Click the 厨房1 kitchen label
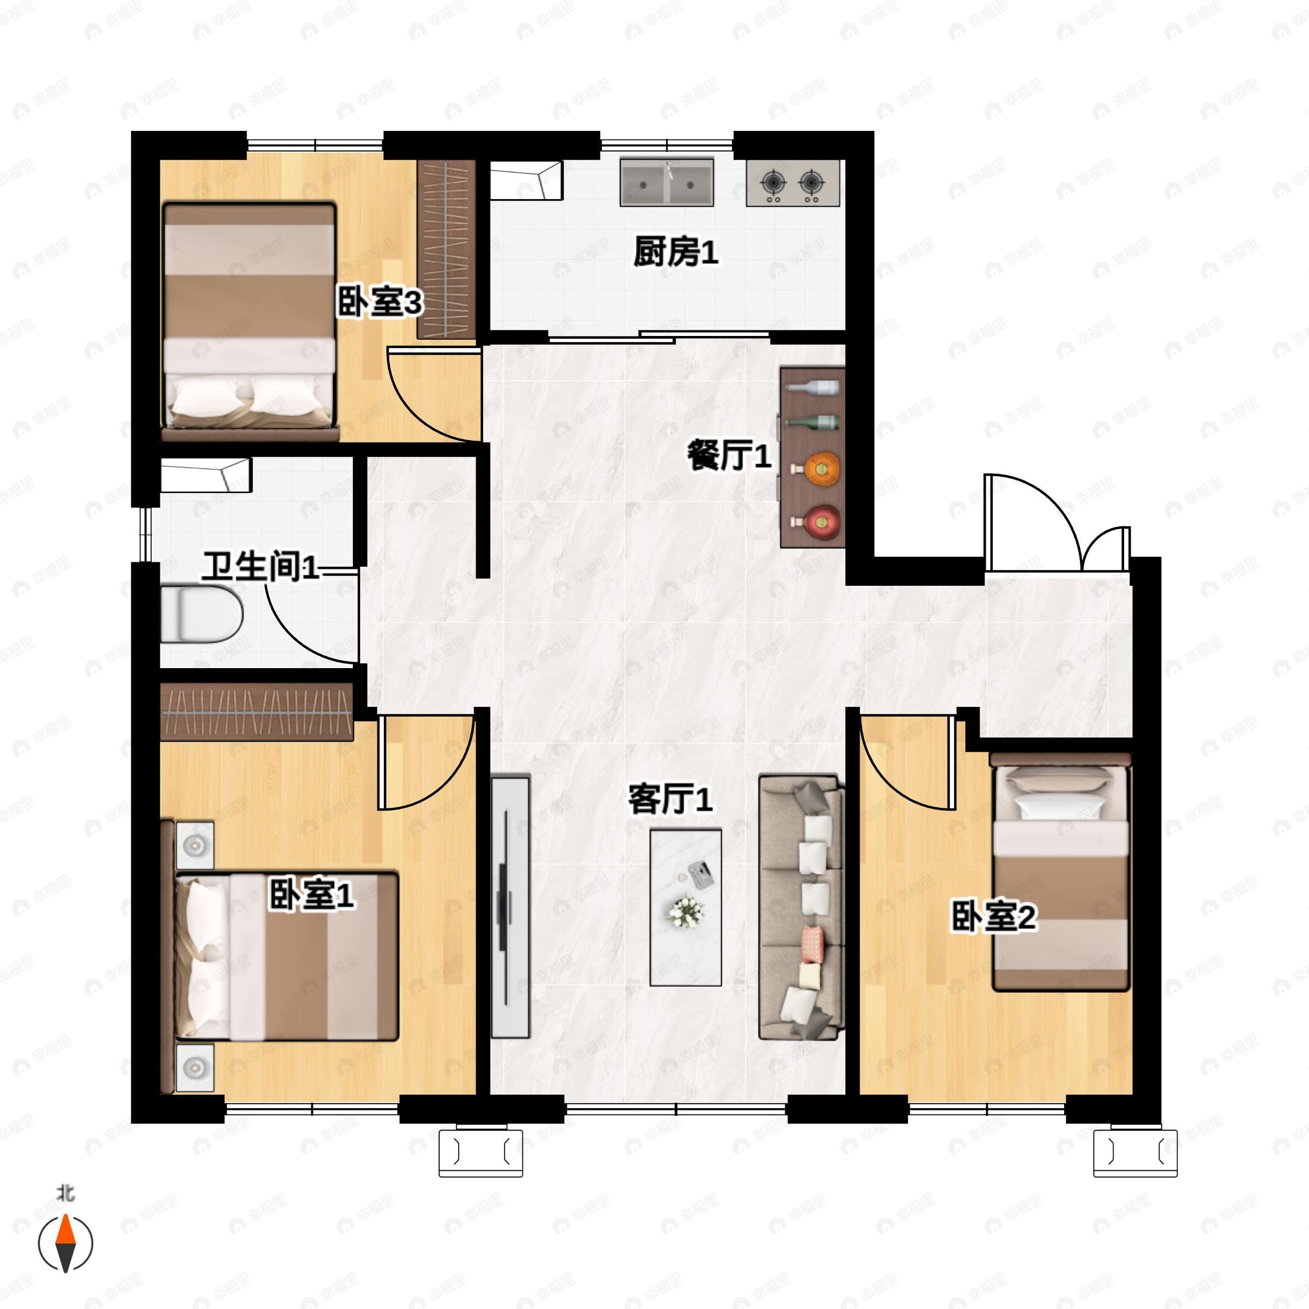tap(676, 252)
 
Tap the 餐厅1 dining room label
tap(729, 455)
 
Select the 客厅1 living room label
tap(670, 799)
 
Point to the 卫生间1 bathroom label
tap(261, 567)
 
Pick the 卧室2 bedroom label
tap(994, 917)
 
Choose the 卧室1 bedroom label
tap(311, 895)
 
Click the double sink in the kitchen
tap(666, 182)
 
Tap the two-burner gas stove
tap(792, 183)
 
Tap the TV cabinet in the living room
tap(510, 906)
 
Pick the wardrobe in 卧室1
tap(257, 712)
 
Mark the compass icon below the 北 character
tap(65, 1244)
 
